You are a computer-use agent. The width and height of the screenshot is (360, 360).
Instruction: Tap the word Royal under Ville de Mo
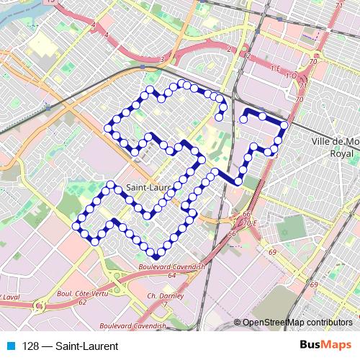[339, 153]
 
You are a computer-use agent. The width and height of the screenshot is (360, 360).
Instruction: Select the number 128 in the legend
[30, 346]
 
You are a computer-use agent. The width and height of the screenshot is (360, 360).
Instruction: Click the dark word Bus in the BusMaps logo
[310, 346]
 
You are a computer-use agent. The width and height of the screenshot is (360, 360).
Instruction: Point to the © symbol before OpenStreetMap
[238, 322]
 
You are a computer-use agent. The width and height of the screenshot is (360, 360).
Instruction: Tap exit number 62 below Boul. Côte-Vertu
[83, 302]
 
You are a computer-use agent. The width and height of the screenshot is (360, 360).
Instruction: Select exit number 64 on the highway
[172, 275]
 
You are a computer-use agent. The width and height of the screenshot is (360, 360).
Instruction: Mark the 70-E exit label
[250, 223]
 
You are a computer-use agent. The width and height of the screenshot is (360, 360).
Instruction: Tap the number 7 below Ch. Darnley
[164, 304]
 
